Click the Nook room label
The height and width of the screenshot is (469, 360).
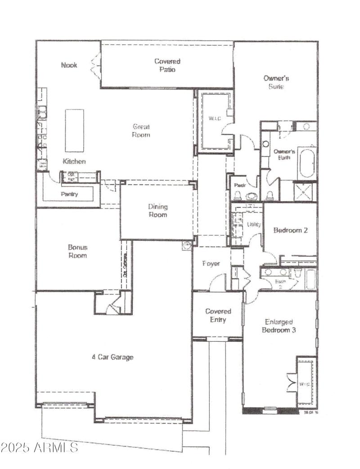point(69,65)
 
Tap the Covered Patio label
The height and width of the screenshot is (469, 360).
point(167,65)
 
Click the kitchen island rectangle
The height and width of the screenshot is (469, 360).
point(74,131)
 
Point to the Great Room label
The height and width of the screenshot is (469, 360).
point(141,131)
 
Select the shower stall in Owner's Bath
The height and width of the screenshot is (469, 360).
point(305,191)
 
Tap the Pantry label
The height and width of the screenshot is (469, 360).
point(69,194)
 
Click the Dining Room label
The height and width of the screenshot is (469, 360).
point(157,211)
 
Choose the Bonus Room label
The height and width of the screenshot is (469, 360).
point(77,251)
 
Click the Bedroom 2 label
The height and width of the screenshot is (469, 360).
point(290,230)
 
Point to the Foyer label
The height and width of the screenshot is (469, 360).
point(211,263)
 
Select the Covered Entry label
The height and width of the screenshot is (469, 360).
point(218,316)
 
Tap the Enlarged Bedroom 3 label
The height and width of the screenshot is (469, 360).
point(279,326)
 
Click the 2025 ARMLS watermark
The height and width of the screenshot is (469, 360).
point(39,448)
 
